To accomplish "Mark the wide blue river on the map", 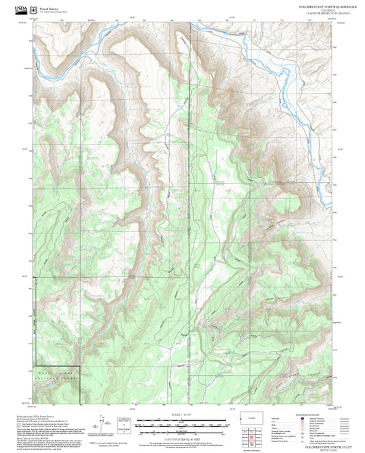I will click(274, 68).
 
